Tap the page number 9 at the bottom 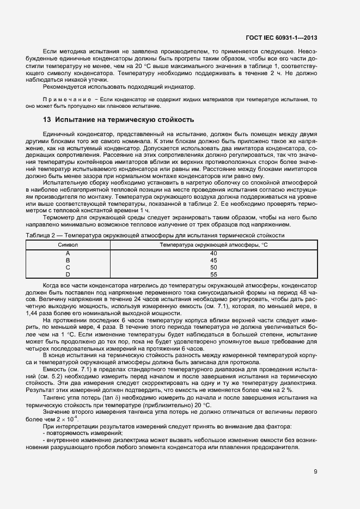315,471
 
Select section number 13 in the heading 47,120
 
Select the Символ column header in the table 68,245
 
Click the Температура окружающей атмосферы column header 213,245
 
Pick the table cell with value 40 213,253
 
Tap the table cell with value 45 213,260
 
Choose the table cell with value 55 213,274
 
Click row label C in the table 68,267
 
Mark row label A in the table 68,253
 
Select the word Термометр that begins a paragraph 58,217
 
